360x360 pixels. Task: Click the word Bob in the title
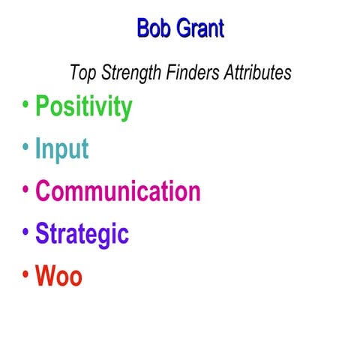click(155, 28)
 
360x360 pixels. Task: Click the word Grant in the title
click(200, 28)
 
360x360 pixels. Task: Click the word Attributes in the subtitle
click(255, 73)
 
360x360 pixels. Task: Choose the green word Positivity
click(84, 107)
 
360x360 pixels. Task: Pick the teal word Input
click(62, 149)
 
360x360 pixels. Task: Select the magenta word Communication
click(118, 190)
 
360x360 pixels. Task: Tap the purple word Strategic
click(82, 234)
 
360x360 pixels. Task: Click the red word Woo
click(58, 276)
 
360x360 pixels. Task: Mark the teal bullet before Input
click(25, 147)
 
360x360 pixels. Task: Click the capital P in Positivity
click(43, 106)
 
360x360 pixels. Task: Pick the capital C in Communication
click(43, 190)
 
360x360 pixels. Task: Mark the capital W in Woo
click(46, 276)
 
